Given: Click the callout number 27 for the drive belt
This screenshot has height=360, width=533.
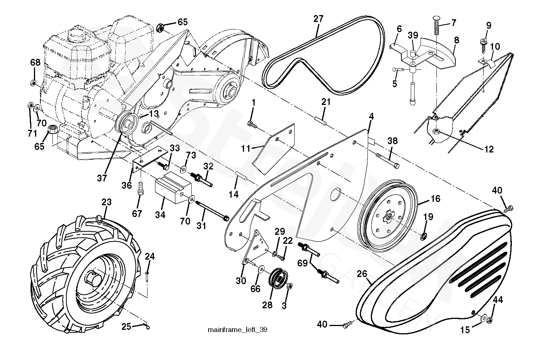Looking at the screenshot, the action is (318, 19).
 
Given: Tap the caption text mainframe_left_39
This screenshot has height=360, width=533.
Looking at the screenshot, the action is (238, 330).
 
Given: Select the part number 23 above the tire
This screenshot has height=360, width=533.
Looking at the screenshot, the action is (106, 202).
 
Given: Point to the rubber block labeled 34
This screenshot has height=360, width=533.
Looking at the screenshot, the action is (173, 188).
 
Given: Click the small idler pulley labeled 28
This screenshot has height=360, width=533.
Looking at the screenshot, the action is (278, 278).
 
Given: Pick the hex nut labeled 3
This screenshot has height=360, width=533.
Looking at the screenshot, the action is (290, 286).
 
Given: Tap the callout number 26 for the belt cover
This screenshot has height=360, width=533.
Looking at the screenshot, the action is (362, 274).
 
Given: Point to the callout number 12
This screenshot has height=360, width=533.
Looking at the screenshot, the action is (489, 149).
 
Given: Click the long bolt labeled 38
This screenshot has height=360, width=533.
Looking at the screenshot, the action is (387, 160).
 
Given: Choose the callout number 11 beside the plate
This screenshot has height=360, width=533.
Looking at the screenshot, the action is (246, 149).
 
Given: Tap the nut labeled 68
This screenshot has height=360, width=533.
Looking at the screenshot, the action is (33, 83).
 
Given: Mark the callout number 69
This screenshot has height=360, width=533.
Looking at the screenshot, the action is (302, 263).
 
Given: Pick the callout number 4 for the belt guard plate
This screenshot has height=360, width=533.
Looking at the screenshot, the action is (372, 117).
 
